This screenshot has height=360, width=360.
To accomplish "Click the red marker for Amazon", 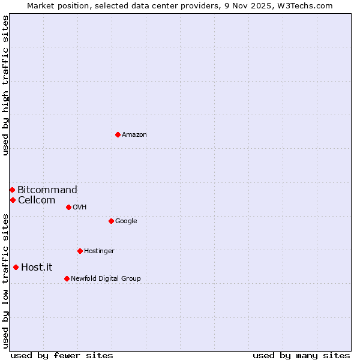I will pyautogui.click(x=118, y=134).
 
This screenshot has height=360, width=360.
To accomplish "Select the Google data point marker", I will pyautogui.click(x=111, y=221).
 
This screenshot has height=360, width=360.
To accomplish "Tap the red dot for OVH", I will pyautogui.click(x=68, y=207).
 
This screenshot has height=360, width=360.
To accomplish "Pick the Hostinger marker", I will pyautogui.click(x=80, y=251).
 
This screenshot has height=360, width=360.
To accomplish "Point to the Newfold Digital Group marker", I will pyautogui.click(x=67, y=278).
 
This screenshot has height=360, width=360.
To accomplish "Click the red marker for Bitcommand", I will pyautogui.click(x=12, y=190).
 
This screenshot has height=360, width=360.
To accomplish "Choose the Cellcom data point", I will pyautogui.click(x=13, y=200).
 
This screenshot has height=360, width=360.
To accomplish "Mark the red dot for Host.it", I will pyautogui.click(x=16, y=267).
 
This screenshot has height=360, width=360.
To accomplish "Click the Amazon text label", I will pyautogui.click(x=134, y=135).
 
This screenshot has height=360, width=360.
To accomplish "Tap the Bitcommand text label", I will pyautogui.click(x=47, y=190).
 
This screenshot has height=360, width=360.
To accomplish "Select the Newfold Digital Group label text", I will pyautogui.click(x=106, y=278).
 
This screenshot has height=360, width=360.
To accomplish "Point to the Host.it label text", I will pyautogui.click(x=37, y=268).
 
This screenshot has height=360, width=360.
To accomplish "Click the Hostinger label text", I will pyautogui.click(x=99, y=251).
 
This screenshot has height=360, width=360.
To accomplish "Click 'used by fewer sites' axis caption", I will pyautogui.click(x=62, y=355).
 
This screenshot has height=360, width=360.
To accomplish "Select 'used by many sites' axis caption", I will pyautogui.click(x=301, y=355).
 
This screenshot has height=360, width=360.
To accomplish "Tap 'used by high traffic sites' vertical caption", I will pyautogui.click(x=5, y=85).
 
